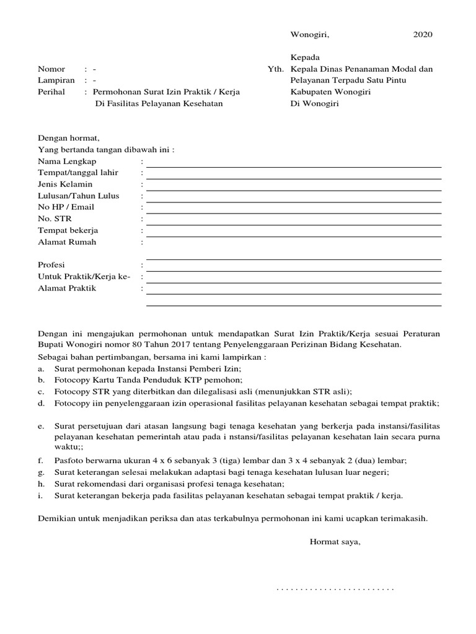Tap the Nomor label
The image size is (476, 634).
51,69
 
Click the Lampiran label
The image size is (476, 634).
56,80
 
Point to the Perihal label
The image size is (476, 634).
52,92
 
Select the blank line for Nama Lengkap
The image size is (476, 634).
294,167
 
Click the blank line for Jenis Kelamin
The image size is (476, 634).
294,189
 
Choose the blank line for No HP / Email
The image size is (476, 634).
294,212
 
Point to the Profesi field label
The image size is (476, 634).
51,265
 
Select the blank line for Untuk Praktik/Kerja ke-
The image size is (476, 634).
294,282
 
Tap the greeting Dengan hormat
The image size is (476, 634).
69,138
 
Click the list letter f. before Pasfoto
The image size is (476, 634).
40,461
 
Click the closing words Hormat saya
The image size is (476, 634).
335,542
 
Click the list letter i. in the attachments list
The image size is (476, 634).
40,496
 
